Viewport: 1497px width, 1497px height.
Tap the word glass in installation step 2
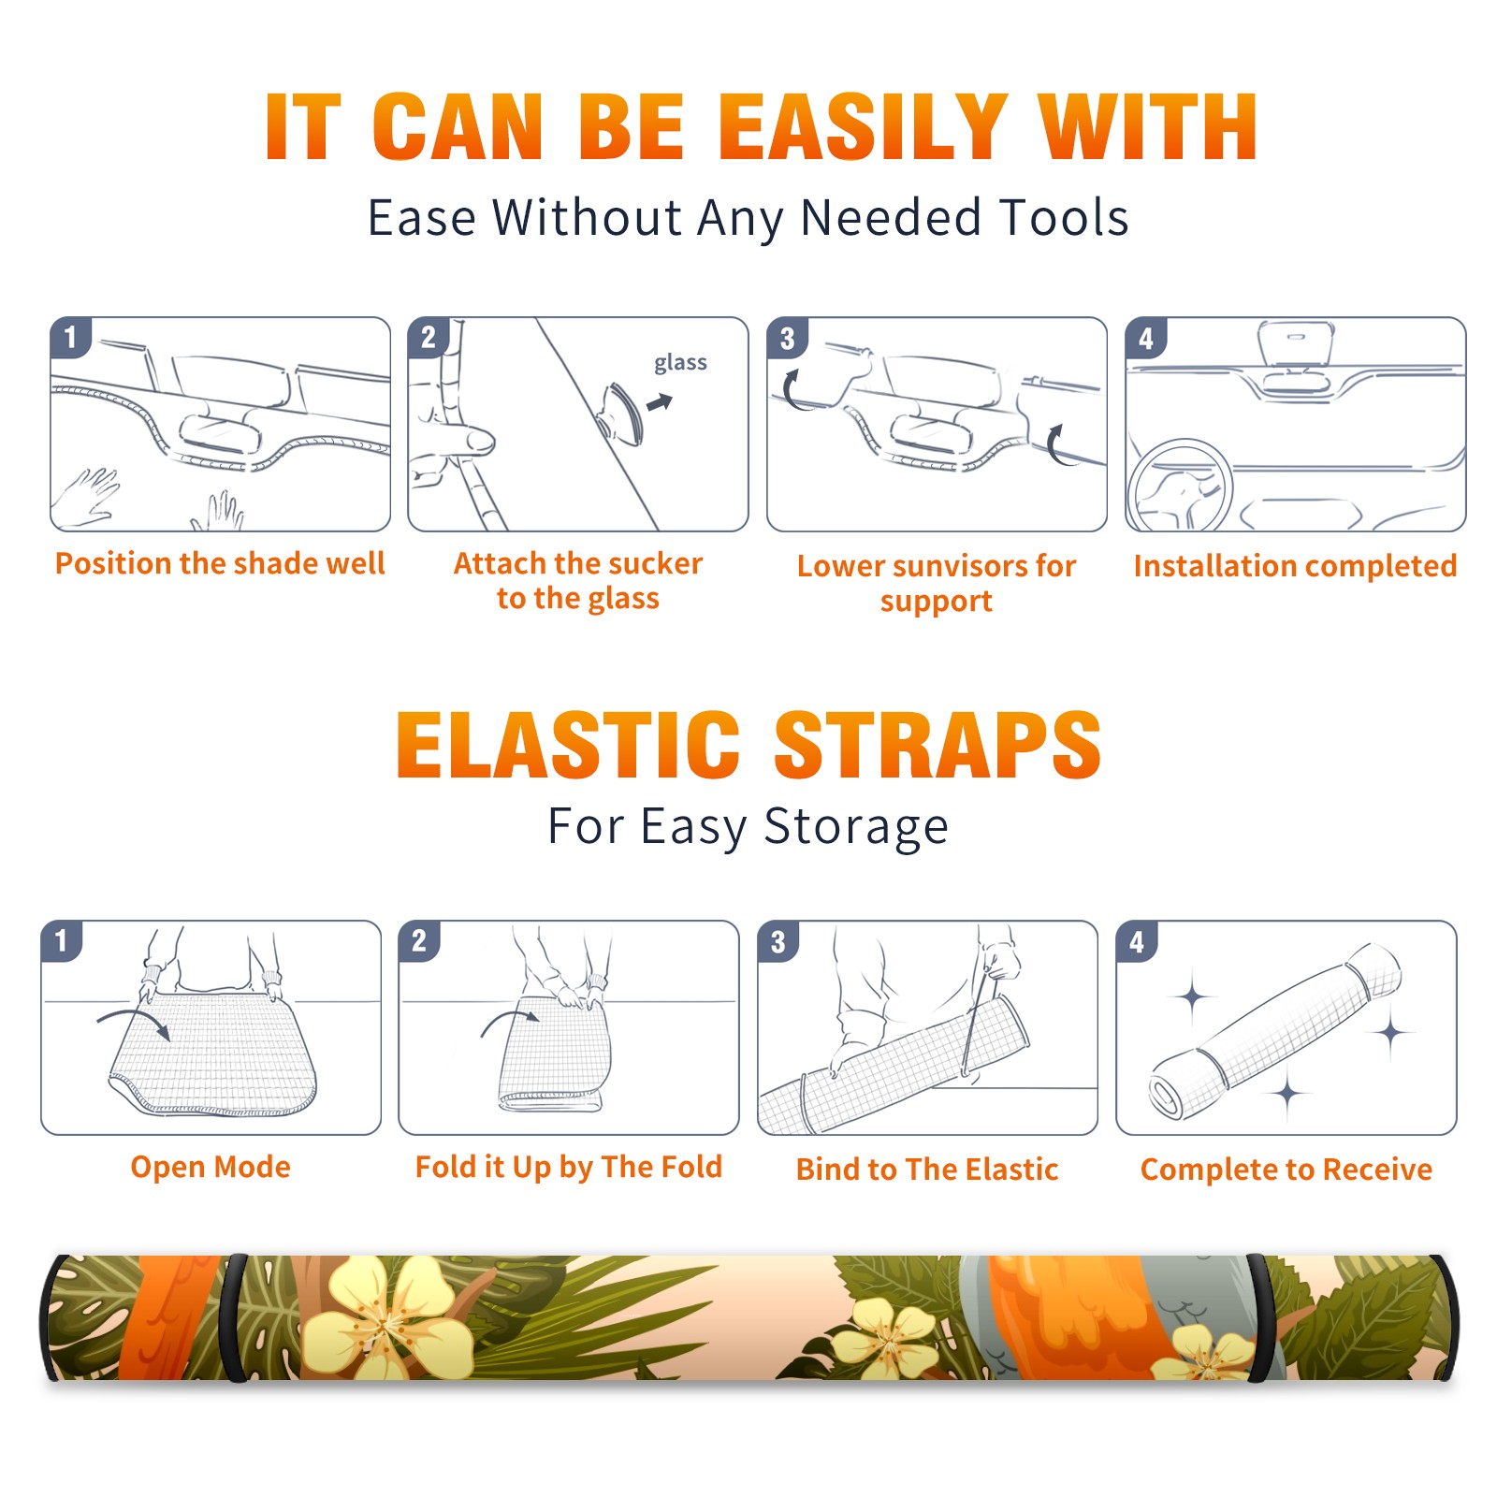(680, 363)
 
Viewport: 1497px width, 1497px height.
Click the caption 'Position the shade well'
(220, 564)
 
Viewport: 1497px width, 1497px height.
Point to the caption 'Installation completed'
(1295, 566)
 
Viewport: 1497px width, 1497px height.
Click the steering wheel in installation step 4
(1180, 485)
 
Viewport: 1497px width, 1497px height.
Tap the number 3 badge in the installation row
(787, 339)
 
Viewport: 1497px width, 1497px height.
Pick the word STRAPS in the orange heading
(937, 745)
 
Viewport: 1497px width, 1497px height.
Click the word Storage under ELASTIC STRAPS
(856, 827)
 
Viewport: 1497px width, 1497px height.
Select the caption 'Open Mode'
(211, 1167)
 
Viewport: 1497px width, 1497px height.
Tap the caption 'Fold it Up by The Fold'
(569, 1168)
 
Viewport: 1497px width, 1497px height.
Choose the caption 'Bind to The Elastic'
(927, 1170)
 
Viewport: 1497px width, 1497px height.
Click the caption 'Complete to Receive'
(1286, 1170)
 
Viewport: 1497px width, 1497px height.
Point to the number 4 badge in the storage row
(1137, 941)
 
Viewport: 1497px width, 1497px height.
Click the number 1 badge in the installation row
(70, 337)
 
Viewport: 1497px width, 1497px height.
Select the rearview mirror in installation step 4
(1295, 343)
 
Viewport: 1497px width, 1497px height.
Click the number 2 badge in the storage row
(419, 940)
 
